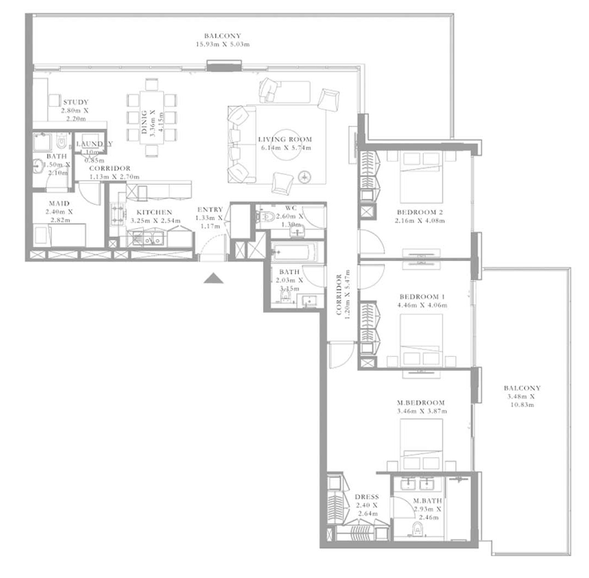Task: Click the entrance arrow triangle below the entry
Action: pyautogui.click(x=214, y=279)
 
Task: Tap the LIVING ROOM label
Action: pyautogui.click(x=284, y=140)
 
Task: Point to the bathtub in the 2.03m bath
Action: pyautogui.click(x=293, y=253)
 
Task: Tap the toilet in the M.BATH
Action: pyautogui.click(x=417, y=529)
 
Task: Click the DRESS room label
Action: pyautogui.click(x=366, y=497)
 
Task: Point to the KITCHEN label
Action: pyautogui.click(x=154, y=212)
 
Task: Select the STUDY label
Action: pyautogui.click(x=75, y=102)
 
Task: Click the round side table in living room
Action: pyautogui.click(x=304, y=176)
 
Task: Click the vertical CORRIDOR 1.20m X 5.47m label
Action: pyautogui.click(x=343, y=298)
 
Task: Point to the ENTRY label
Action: pyautogui.click(x=210, y=210)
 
